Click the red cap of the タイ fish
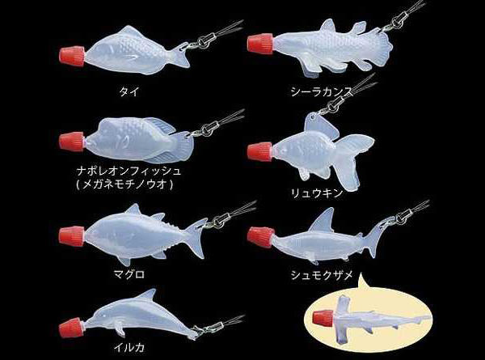point(72,57)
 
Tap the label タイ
point(129,92)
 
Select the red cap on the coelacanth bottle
point(260,44)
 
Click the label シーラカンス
point(322,91)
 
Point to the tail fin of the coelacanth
point(382,49)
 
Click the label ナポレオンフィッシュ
point(129,171)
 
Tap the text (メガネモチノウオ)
point(124,184)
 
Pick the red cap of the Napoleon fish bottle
point(72,142)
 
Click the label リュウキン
point(317,193)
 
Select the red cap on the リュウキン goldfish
point(260,151)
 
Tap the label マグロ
point(129,274)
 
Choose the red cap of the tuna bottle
point(72,236)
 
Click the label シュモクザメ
point(322,275)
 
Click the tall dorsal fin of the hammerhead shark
point(323,220)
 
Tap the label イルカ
point(129,348)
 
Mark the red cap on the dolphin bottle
point(71,328)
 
